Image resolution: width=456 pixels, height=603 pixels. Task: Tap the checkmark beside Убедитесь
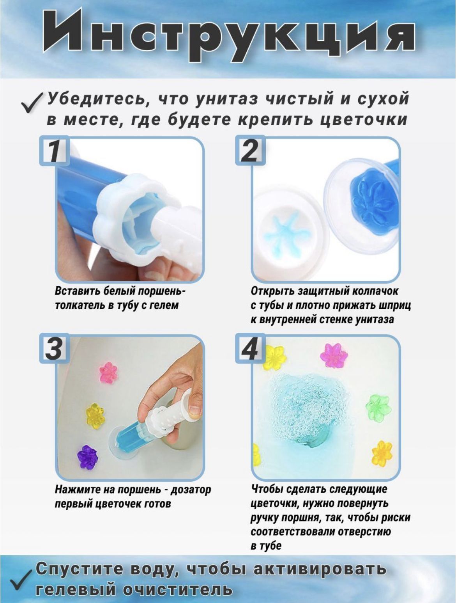click(32, 103)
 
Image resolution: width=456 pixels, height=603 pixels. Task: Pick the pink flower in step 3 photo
click(109, 373)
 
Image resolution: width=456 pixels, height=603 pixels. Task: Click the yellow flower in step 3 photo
click(95, 415)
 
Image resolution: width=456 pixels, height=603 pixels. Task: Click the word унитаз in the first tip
click(226, 99)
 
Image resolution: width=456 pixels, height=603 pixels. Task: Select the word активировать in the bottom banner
click(319, 569)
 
